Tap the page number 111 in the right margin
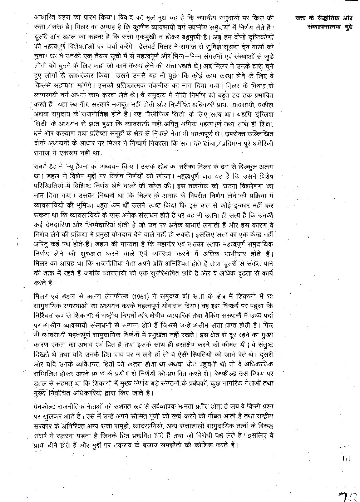pos(346,458)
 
